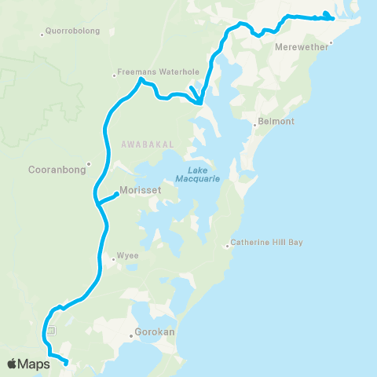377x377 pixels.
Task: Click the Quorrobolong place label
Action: pyautogui.click(x=70, y=33)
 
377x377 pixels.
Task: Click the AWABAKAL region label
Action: pyautogui.click(x=141, y=143)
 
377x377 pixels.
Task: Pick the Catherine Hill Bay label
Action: pyautogui.click(x=267, y=242)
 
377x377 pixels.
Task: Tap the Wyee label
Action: pyautogui.click(x=127, y=255)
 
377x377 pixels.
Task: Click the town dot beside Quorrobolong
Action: pyautogui.click(x=42, y=34)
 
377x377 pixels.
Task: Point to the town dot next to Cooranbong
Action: pyautogui.click(x=90, y=164)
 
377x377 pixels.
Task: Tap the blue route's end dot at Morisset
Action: pyautogui.click(x=116, y=194)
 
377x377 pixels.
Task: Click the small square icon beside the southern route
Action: pyautogui.click(x=50, y=331)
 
